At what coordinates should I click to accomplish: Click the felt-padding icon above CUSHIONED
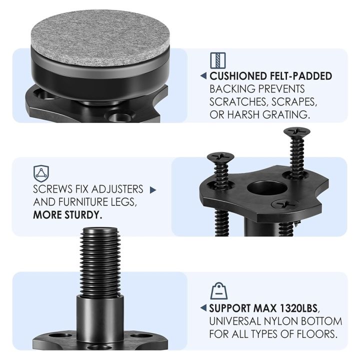point(218,60)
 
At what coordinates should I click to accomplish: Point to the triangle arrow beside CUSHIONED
point(203,76)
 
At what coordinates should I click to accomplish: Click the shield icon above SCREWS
point(40,173)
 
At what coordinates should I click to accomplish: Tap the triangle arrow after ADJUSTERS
point(153,190)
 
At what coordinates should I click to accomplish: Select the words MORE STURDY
point(67,215)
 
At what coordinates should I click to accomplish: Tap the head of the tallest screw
point(296,132)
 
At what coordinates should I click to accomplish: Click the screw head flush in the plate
point(285,204)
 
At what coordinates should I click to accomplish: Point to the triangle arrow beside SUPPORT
point(203,307)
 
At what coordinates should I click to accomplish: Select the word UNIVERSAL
point(233,320)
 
